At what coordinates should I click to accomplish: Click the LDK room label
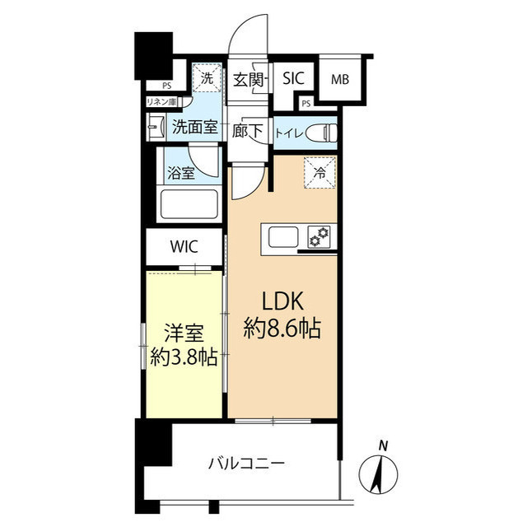(282, 301)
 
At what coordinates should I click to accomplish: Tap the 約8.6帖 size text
(282, 329)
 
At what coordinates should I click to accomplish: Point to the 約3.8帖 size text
(184, 358)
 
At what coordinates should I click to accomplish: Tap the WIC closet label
(184, 245)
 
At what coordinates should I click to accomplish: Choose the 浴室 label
(181, 173)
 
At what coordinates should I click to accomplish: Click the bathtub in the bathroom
(189, 203)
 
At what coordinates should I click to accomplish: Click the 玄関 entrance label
(248, 80)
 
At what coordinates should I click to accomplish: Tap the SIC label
(293, 79)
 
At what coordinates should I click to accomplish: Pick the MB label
(339, 80)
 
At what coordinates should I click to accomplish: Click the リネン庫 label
(162, 101)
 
